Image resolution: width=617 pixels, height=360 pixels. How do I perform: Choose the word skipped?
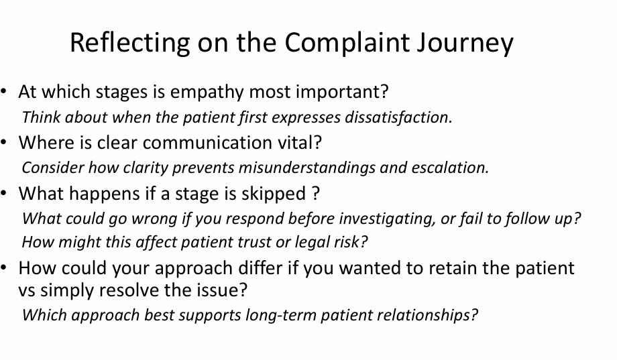pyautogui.click(x=273, y=194)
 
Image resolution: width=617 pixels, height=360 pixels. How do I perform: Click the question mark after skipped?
pyautogui.click(x=316, y=194)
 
